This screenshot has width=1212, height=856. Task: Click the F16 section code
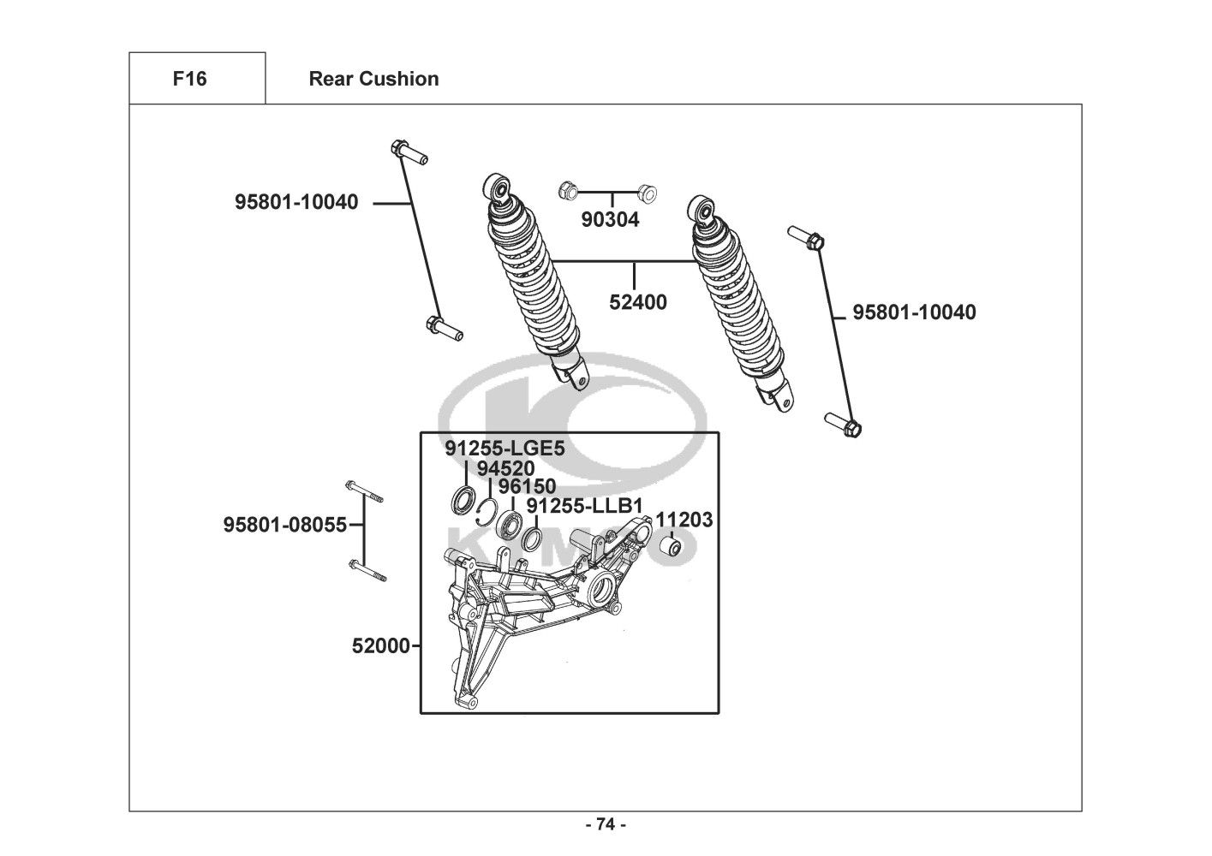tap(189, 79)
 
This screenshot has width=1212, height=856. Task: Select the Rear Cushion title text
tap(373, 79)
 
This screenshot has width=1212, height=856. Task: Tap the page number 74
tap(606, 824)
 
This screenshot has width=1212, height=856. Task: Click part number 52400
tap(638, 302)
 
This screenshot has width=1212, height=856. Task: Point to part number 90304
tap(610, 219)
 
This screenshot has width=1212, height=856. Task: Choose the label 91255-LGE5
tap(505, 449)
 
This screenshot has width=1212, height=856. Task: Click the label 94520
tap(505, 468)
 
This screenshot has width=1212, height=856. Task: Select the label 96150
tap(527, 487)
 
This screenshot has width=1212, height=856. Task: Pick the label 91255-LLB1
tap(584, 506)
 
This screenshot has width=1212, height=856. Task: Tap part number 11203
tap(684, 520)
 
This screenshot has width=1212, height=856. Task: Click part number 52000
tap(381, 645)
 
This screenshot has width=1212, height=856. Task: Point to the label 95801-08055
tap(285, 525)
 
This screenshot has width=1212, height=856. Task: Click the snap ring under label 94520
tap(489, 511)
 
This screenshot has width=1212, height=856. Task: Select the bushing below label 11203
tap(673, 547)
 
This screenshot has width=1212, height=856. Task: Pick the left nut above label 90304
tap(566, 190)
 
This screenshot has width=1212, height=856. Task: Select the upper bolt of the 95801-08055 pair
tap(364, 491)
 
